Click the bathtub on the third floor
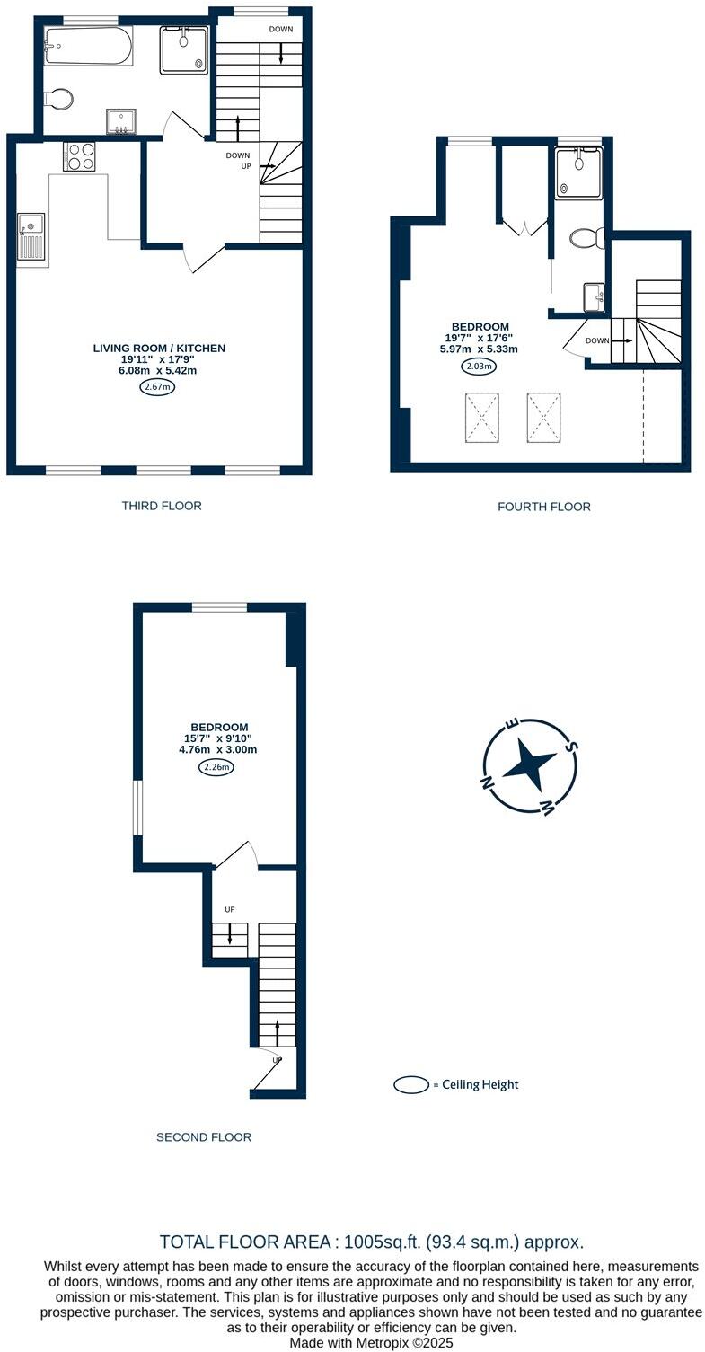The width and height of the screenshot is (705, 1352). point(88,45)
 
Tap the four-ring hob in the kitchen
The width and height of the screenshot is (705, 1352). point(79,156)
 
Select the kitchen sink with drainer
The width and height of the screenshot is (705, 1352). point(31,236)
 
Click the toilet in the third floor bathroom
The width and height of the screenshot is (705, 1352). point(60,99)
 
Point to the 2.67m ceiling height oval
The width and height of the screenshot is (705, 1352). point(157,387)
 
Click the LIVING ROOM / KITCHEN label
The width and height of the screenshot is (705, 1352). point(159,348)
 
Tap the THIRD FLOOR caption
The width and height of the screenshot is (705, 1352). point(162,506)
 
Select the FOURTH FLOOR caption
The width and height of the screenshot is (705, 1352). point(543,507)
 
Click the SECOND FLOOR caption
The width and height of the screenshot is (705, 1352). point(204,1137)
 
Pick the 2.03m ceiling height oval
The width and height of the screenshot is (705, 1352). point(480,366)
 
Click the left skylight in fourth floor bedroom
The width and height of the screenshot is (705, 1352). point(482,418)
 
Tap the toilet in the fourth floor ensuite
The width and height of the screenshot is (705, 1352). point(586,238)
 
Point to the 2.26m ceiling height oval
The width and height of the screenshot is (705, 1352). point(216,767)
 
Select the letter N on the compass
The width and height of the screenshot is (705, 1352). point(489,782)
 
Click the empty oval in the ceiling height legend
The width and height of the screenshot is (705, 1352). point(411,1085)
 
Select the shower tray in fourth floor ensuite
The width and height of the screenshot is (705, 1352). point(578,173)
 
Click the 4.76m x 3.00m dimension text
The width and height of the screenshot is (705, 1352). point(218,749)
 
